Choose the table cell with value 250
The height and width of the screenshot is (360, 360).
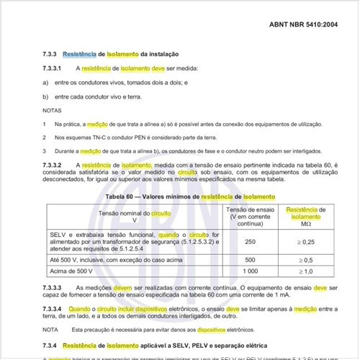pos(250,242)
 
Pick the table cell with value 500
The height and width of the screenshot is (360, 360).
pos(250,259)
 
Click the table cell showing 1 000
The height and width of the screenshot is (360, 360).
pos(250,271)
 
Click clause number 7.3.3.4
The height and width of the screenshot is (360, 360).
pos(52,307)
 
